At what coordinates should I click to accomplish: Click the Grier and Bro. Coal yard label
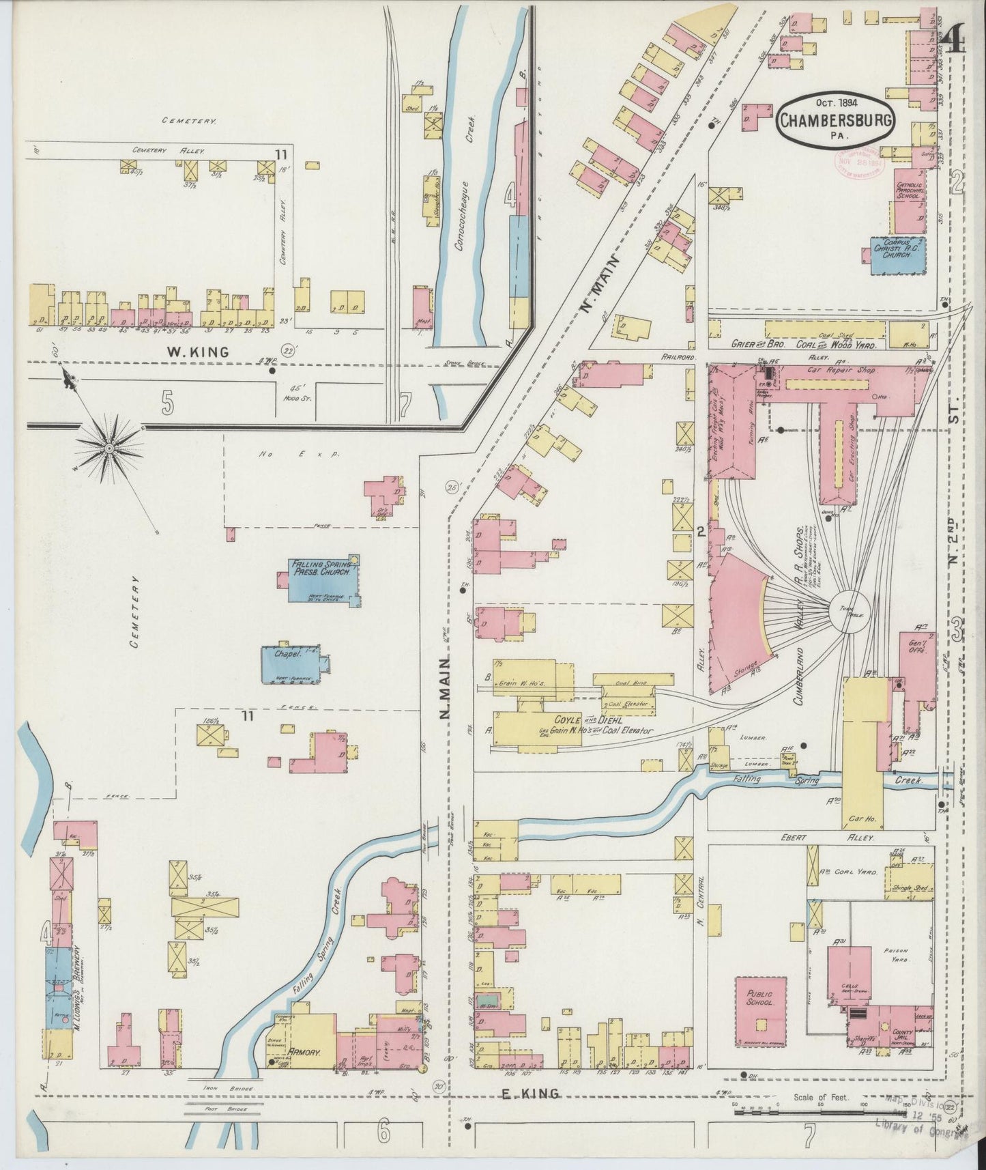point(802,344)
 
